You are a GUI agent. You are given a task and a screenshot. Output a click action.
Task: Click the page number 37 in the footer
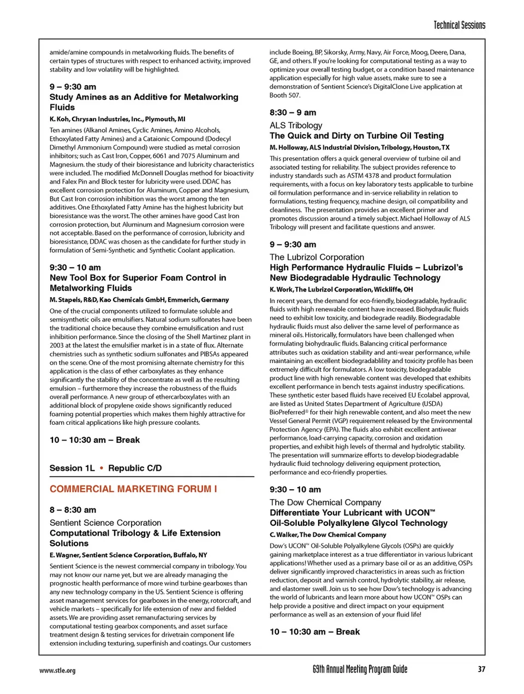click(x=481, y=669)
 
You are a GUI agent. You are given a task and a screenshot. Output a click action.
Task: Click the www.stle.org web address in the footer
click(x=57, y=671)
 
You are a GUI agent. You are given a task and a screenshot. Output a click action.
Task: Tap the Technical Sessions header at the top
click(x=459, y=25)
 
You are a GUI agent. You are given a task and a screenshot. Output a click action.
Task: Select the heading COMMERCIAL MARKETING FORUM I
click(x=133, y=489)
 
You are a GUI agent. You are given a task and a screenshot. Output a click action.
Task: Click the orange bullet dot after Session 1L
click(x=102, y=468)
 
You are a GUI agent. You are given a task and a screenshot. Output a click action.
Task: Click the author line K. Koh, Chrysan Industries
click(x=117, y=119)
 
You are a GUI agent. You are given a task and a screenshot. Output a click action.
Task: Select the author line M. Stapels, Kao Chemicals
click(x=139, y=300)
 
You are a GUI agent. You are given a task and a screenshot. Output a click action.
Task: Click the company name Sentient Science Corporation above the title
click(x=105, y=523)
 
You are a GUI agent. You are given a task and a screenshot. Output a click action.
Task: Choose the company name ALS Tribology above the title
click(x=296, y=125)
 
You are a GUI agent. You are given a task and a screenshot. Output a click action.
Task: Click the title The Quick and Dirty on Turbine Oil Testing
click(x=356, y=136)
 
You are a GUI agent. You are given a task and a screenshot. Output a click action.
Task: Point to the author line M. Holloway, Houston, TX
click(x=359, y=147)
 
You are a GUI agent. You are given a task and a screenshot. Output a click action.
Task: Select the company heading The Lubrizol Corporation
click(x=317, y=257)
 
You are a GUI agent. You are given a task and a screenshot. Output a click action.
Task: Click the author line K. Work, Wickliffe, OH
click(x=341, y=289)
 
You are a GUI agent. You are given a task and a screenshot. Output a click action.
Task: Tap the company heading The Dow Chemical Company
click(x=325, y=502)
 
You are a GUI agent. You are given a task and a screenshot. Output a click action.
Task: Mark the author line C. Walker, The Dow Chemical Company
click(x=327, y=535)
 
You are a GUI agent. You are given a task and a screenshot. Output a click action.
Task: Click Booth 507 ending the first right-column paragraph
click(x=285, y=95)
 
